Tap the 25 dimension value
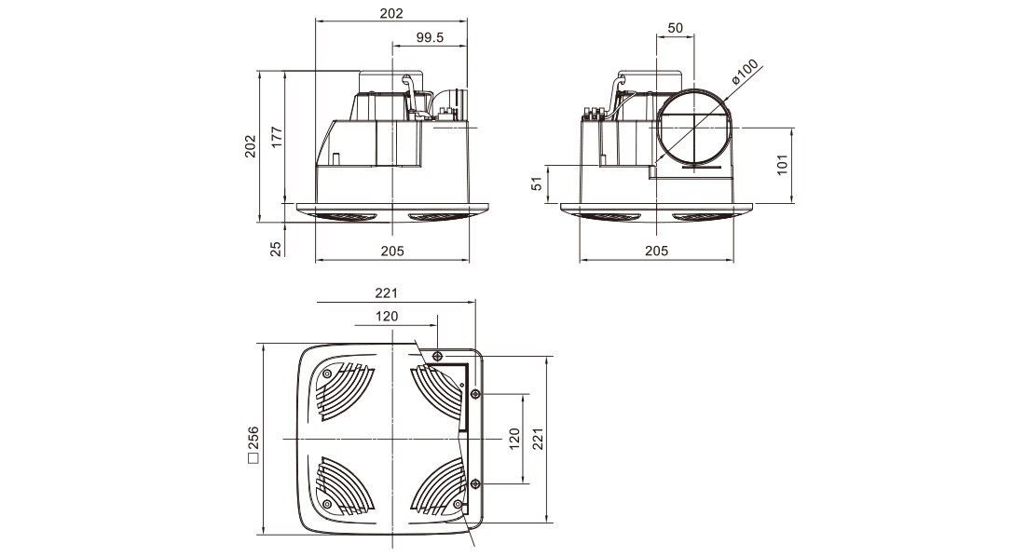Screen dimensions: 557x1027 (275, 249)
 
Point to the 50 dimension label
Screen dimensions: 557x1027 (676, 28)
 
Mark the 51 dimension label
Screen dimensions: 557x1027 (537, 184)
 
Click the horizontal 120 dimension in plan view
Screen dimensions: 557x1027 (387, 317)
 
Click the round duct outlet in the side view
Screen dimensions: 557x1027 (693, 127)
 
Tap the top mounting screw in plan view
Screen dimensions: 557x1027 (437, 356)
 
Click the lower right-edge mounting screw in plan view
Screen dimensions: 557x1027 (475, 483)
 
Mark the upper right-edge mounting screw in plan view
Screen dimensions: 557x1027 (475, 395)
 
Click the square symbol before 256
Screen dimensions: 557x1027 (252, 457)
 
